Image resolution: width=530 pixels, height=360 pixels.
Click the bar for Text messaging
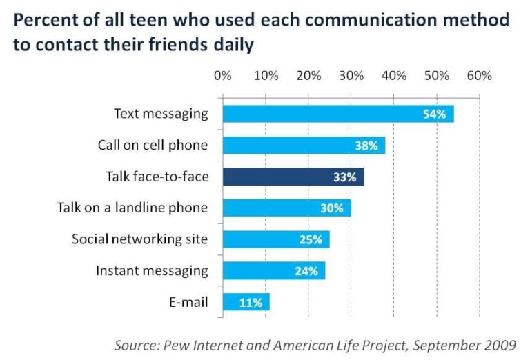pyautogui.click(x=338, y=114)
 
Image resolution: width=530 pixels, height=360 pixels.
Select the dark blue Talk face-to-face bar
pyautogui.click(x=293, y=177)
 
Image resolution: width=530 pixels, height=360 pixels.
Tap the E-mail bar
pyautogui.click(x=246, y=302)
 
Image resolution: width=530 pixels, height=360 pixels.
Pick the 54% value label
pyautogui.click(x=434, y=114)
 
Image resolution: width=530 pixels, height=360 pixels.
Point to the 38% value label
pyautogui.click(x=366, y=146)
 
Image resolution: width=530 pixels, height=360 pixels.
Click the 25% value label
pyautogui.click(x=311, y=239)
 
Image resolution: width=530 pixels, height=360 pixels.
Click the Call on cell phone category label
pyautogui.click(x=153, y=145)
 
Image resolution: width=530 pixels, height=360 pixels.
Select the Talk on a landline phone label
pyautogui.click(x=132, y=208)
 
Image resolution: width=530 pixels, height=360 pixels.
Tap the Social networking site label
pyautogui.click(x=139, y=239)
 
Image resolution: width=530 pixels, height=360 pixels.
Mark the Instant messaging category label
pyautogui.click(x=152, y=270)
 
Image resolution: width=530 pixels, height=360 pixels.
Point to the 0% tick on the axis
pyautogui.click(x=223, y=75)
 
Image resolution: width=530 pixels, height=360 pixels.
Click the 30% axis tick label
pyautogui.click(x=351, y=75)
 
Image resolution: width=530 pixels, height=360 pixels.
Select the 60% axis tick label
pyautogui.click(x=479, y=75)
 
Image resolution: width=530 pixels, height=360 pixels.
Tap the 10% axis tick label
pyautogui.click(x=266, y=75)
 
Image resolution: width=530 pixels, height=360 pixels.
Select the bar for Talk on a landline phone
pyautogui.click(x=286, y=208)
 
